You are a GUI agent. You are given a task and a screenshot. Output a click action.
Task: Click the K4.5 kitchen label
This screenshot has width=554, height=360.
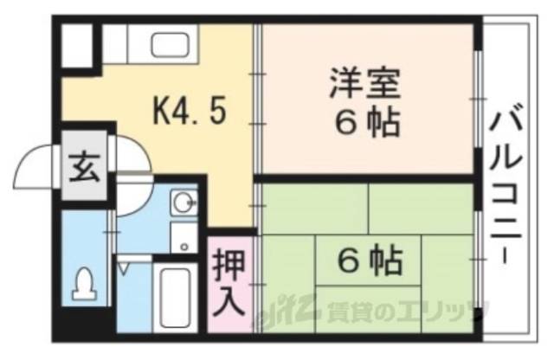click(190, 112)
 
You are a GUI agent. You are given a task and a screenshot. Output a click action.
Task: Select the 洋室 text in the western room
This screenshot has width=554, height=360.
click(364, 84)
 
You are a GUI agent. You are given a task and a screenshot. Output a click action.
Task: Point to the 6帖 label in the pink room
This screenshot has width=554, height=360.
click(368, 123)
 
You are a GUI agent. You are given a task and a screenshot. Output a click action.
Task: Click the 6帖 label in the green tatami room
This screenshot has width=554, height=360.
click(368, 257)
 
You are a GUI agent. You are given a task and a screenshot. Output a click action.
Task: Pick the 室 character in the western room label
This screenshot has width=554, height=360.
click(384, 84)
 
